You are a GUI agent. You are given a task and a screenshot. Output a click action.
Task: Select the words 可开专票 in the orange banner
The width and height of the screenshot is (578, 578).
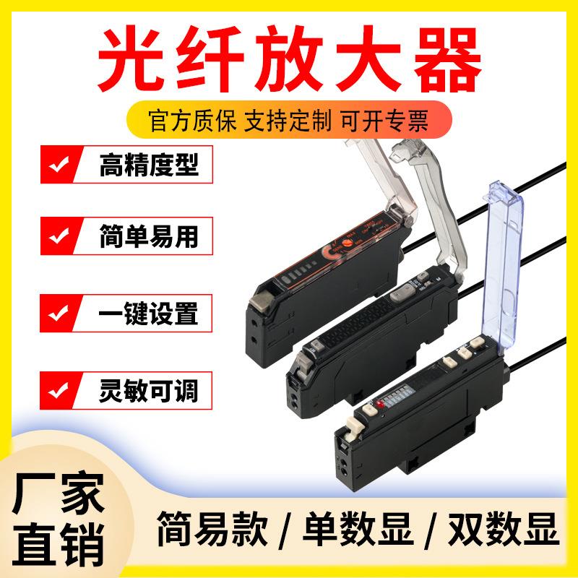(394, 119)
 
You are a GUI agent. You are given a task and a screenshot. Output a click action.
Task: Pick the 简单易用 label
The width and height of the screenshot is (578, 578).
(147, 238)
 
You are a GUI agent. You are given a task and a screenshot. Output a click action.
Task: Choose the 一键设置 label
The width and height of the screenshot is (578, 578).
(147, 315)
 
